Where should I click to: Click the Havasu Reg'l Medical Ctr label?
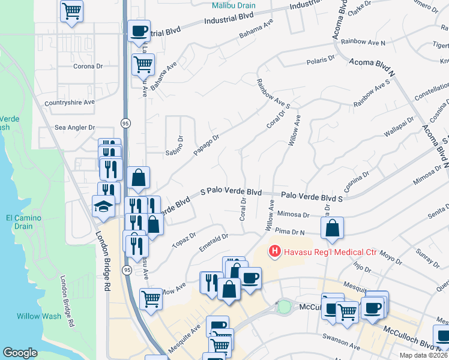point(330,251)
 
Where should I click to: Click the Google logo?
point(20,353)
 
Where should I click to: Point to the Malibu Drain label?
point(234,5)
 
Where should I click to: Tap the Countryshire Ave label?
point(69,102)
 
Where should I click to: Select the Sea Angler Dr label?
point(75,127)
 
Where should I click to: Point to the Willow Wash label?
point(37,316)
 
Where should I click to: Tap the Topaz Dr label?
point(184,239)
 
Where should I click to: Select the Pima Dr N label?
point(290,231)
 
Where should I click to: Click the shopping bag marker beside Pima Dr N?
point(332,227)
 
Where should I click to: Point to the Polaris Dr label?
point(321,59)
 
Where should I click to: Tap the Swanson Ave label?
point(340,347)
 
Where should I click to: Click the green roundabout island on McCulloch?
point(284,306)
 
